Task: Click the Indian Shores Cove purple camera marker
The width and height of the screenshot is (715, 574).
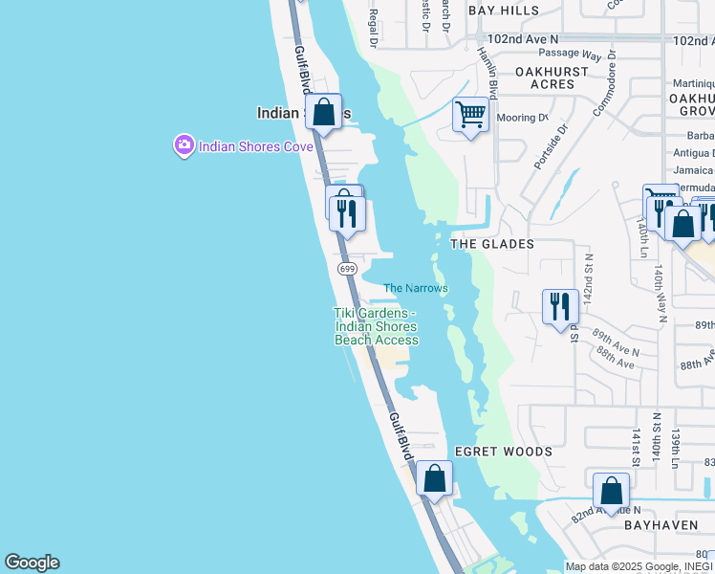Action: pyautogui.click(x=184, y=146)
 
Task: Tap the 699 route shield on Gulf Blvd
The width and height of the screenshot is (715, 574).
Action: pyautogui.click(x=347, y=269)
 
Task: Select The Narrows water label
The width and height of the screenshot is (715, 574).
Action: pyautogui.click(x=416, y=288)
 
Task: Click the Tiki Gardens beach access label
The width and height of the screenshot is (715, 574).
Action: pyautogui.click(x=376, y=326)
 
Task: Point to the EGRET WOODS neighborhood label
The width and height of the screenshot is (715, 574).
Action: pyautogui.click(x=503, y=452)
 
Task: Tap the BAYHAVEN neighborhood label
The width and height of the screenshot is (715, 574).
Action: pyautogui.click(x=659, y=525)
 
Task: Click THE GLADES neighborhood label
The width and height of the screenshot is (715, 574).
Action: pyautogui.click(x=492, y=244)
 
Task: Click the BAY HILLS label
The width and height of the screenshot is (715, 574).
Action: pyautogui.click(x=504, y=11)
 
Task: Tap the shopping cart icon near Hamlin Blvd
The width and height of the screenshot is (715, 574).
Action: pyautogui.click(x=470, y=115)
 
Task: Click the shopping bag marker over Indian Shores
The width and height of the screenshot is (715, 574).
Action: pyautogui.click(x=324, y=112)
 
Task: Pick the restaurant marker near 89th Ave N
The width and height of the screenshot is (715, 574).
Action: pyautogui.click(x=560, y=307)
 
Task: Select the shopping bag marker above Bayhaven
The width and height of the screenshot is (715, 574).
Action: pyautogui.click(x=611, y=491)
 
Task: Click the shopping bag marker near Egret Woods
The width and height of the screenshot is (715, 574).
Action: pyautogui.click(x=434, y=478)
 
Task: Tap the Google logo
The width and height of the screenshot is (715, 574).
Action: pyautogui.click(x=32, y=563)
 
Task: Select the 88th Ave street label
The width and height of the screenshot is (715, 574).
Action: pyautogui.click(x=616, y=364)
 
